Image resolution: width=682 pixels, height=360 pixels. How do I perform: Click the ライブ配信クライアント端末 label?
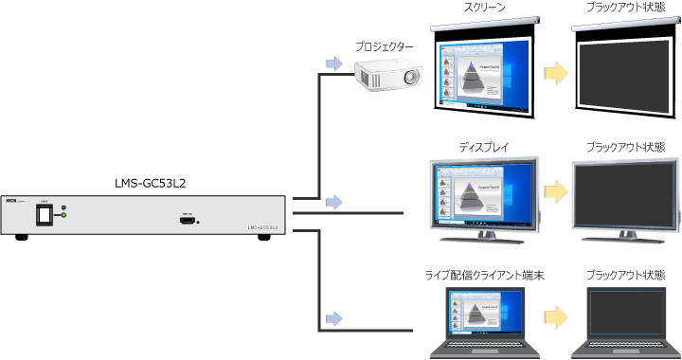click(484, 275)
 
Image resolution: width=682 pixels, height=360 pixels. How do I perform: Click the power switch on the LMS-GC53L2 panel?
click(44, 216)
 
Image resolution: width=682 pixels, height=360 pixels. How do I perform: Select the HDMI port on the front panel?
click(187, 218)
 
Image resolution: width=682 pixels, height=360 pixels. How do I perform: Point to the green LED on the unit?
click(63, 217)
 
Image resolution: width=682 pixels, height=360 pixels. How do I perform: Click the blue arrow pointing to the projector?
click(332, 63)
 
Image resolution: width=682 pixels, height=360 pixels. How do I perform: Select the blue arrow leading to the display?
click(332, 202)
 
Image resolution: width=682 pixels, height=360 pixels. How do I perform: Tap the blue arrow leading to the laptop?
click(332, 316)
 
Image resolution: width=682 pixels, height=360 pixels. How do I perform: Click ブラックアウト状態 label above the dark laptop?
click(625, 275)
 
